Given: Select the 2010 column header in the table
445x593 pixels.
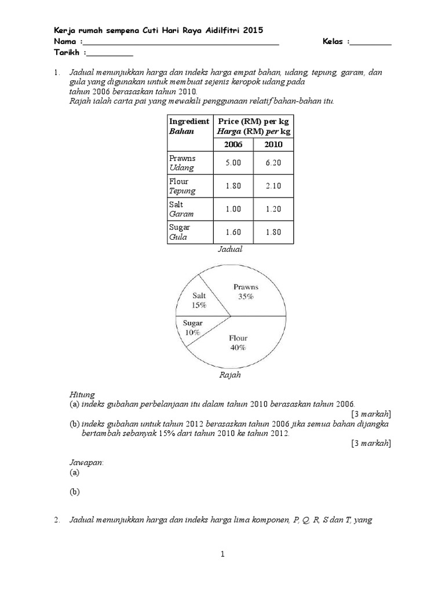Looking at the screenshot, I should pos(273,144).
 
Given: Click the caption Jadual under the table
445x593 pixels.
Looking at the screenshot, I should pos(230,250).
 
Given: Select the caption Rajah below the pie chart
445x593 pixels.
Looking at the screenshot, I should pos(230,375).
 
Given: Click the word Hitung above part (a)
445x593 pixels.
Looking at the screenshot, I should pos(82,394).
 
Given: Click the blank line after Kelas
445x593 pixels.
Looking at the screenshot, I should pos(371,43).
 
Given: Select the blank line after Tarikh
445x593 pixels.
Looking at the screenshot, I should pos(111,54).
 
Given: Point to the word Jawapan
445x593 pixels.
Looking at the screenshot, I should pos(86,463).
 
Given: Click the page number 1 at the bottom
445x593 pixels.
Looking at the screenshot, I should pos(222,555).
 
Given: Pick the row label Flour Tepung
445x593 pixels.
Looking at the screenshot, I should pos(183,186).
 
